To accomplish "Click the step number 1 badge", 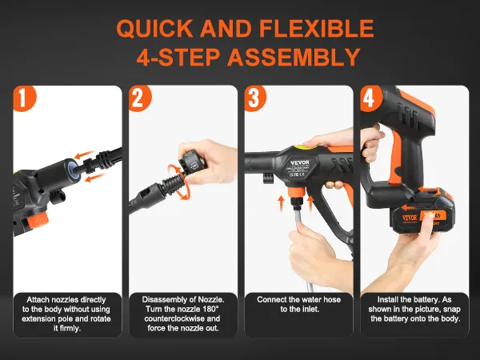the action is tap(24, 98).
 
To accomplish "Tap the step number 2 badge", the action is tap(139, 98).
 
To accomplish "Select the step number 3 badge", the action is tap(254, 98).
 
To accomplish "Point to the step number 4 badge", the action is tap(370, 98).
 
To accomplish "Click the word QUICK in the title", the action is tap(154, 29).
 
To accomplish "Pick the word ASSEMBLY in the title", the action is tap(294, 58).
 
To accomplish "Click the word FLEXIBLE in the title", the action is tap(317, 28).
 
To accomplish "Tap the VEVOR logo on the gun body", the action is tap(300, 162).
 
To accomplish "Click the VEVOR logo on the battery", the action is tap(410, 218).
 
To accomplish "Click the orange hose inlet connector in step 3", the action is tap(296, 193).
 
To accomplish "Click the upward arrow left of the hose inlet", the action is tap(281, 204).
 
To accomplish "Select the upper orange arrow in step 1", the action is tap(84, 155).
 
